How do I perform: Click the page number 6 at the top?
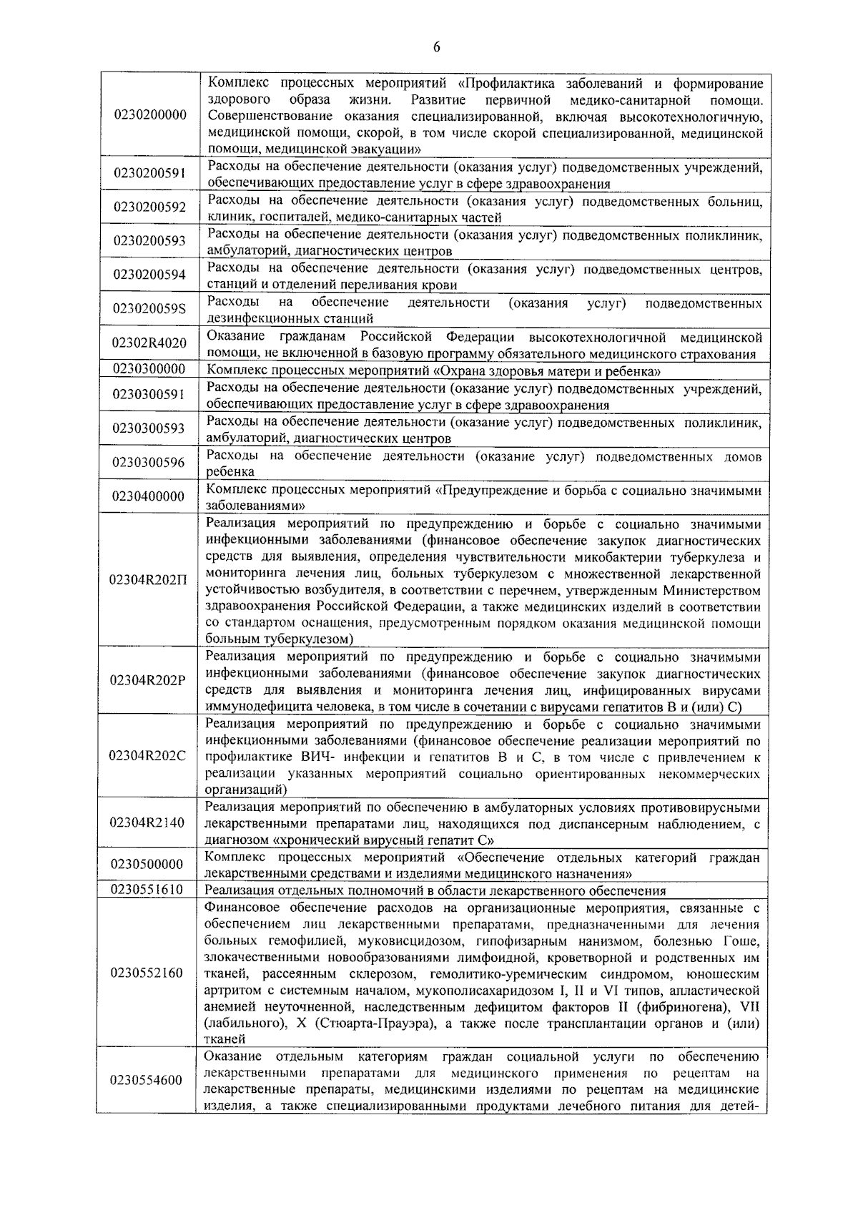coord(436,47)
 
